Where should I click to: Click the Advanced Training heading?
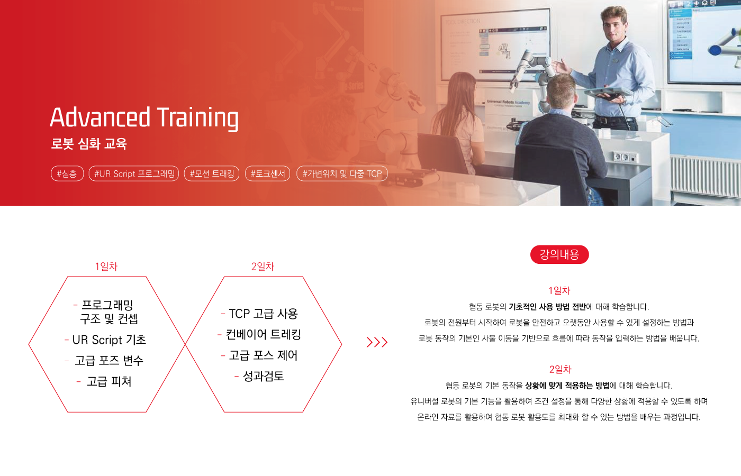(144, 118)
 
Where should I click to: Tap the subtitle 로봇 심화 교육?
(89, 144)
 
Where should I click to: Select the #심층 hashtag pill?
(67, 173)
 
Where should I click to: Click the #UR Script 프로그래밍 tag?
(134, 173)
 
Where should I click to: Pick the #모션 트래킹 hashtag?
(212, 173)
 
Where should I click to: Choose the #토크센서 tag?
(268, 173)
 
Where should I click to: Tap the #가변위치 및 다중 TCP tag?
(342, 173)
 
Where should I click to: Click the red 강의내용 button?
(559, 254)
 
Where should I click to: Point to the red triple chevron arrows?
(377, 342)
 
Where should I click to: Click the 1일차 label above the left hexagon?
(106, 267)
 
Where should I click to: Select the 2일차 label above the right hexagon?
(263, 267)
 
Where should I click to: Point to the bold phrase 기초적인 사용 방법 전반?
(547, 307)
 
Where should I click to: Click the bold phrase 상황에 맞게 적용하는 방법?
(567, 386)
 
